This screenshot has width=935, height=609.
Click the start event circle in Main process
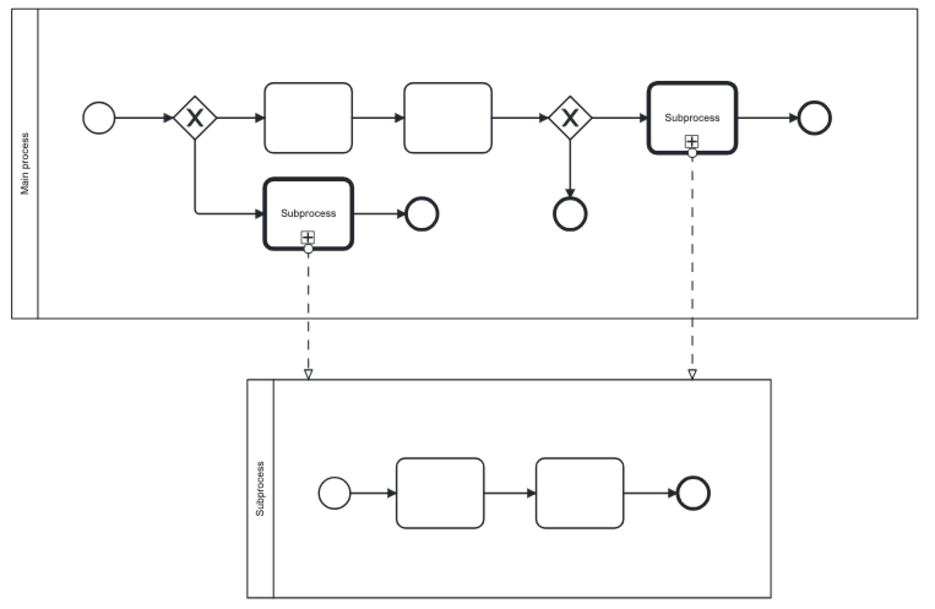pos(99,118)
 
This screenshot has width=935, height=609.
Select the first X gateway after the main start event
pos(195,118)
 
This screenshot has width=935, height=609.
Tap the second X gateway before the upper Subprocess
pos(570,118)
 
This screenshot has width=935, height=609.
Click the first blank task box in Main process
pos(308,118)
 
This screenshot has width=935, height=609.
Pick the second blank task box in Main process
pos(448,118)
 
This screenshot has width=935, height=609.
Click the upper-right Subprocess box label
pos(692,118)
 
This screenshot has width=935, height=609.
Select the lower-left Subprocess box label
pos(308,213)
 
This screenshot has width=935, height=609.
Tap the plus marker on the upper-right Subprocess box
pos(692,142)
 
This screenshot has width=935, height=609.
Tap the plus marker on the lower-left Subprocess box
pos(308,237)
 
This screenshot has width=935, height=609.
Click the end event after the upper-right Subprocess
pos(814,118)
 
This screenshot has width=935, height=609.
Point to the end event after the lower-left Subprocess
pos(422,214)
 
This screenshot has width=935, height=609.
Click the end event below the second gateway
pos(570,214)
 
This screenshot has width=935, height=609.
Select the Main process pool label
pos(25,164)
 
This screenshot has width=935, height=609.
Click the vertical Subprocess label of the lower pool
pos(260,488)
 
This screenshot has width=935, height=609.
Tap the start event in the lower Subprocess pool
pos(335,493)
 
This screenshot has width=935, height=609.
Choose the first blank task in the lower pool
pos(440,493)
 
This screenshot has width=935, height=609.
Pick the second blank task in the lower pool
pos(580,493)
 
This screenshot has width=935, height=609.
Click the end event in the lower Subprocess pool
pos(693,493)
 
